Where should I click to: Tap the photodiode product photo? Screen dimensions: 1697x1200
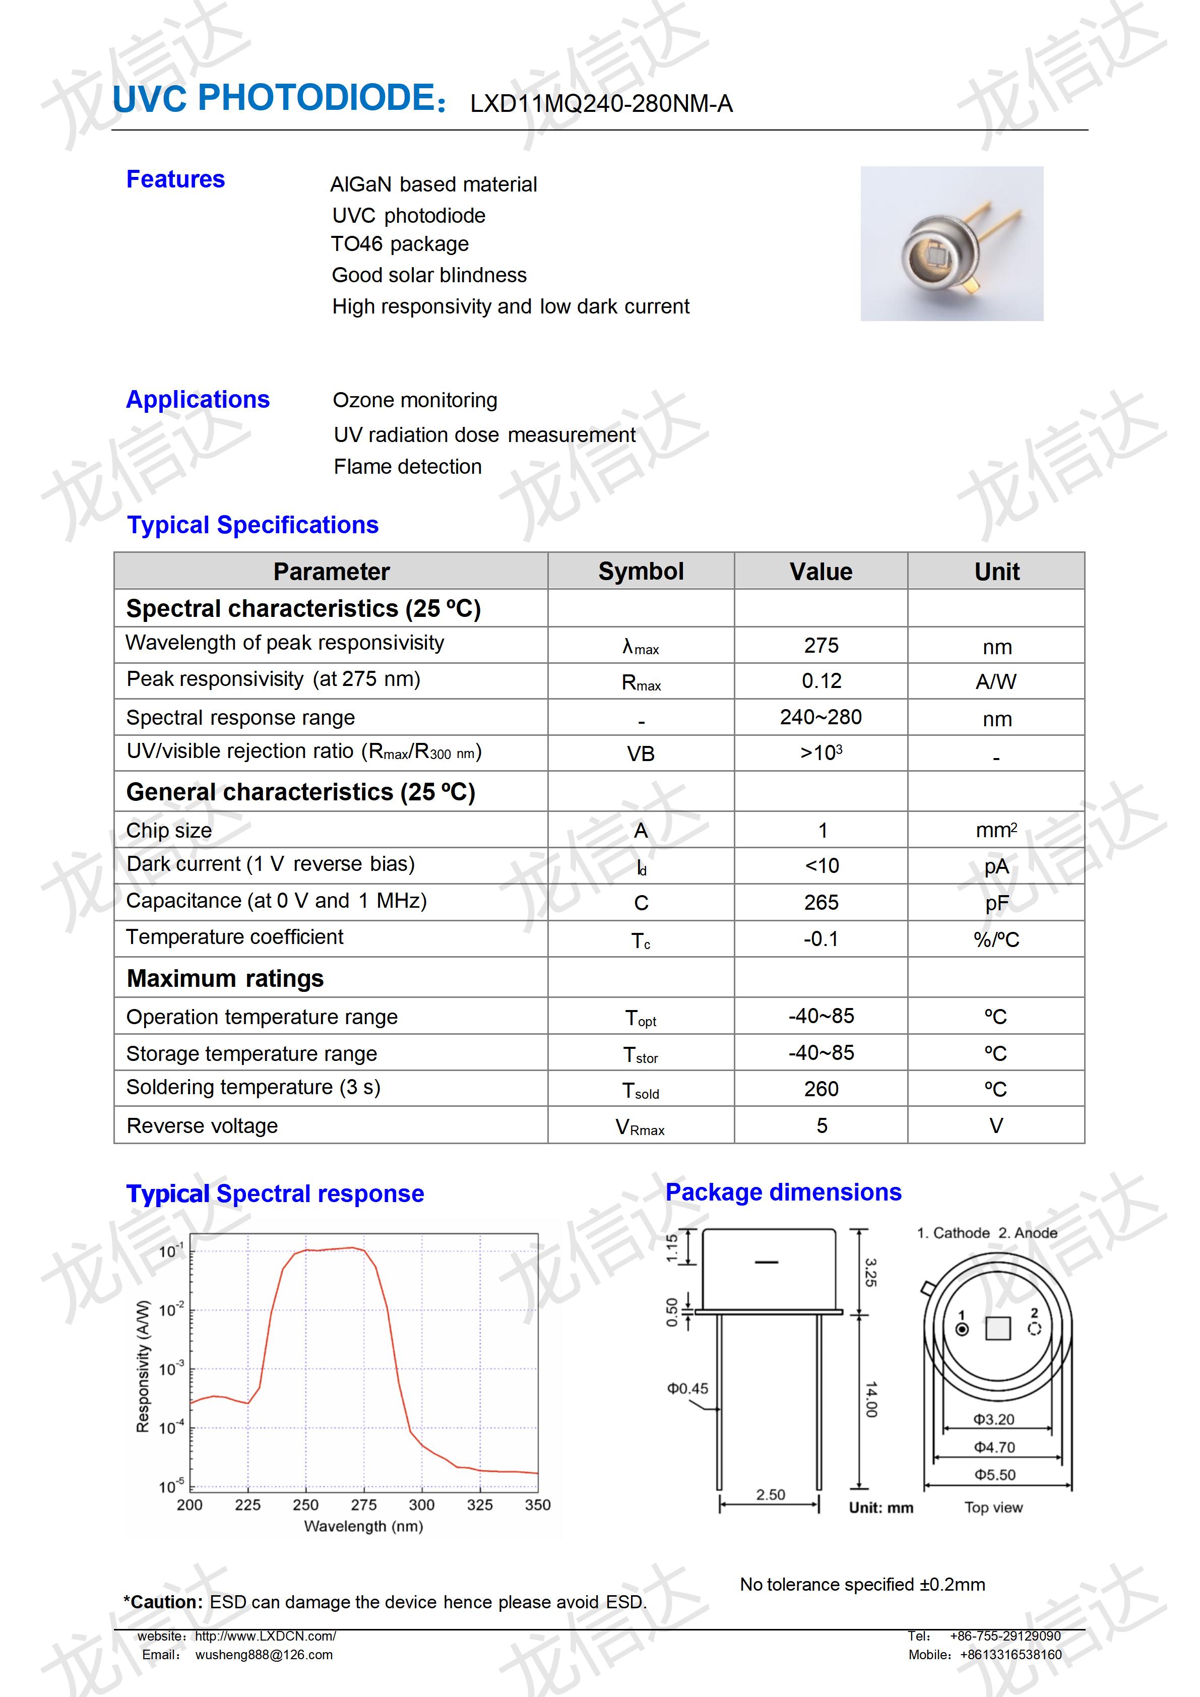click(951, 244)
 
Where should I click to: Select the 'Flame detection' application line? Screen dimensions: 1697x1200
click(407, 467)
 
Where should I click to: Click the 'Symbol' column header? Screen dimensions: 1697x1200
click(641, 572)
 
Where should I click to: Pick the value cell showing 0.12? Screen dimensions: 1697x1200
click(821, 681)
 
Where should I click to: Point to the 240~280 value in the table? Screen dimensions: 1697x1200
click(821, 717)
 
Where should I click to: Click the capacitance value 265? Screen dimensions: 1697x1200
click(821, 903)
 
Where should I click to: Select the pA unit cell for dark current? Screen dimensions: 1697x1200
click(996, 866)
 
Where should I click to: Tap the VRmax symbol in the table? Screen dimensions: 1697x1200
click(640, 1127)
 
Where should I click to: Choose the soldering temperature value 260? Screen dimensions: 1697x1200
click(821, 1089)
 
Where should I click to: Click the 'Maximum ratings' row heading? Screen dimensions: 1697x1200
click(225, 979)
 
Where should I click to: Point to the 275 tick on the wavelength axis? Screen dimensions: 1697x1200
click(363, 1505)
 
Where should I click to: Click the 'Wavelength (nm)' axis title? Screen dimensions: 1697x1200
click(363, 1526)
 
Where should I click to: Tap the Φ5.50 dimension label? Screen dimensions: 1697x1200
click(994, 1475)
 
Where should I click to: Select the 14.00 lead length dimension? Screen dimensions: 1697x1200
click(871, 1399)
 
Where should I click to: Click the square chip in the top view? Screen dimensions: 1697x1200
click(997, 1328)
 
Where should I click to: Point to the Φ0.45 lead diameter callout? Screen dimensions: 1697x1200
click(687, 1389)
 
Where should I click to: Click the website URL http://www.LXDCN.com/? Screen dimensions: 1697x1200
click(265, 1637)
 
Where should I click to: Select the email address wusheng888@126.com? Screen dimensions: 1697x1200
click(264, 1655)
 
